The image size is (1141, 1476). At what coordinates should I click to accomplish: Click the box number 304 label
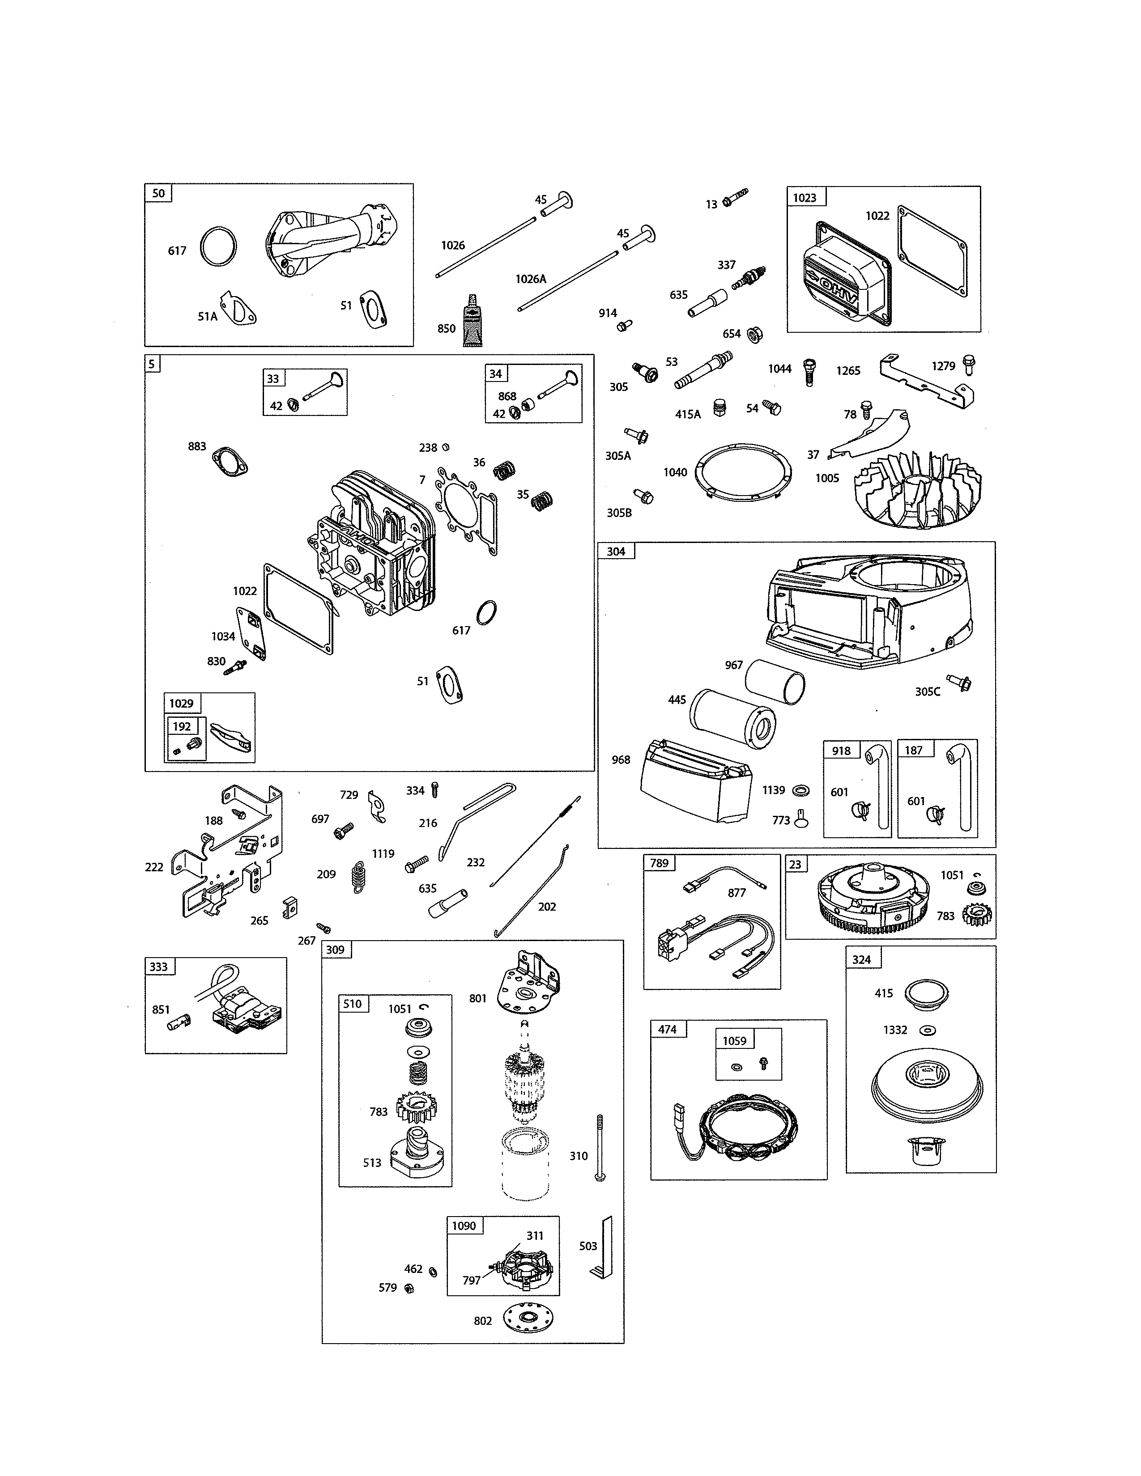(616, 551)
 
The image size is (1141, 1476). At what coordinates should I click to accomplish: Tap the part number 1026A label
(531, 279)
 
